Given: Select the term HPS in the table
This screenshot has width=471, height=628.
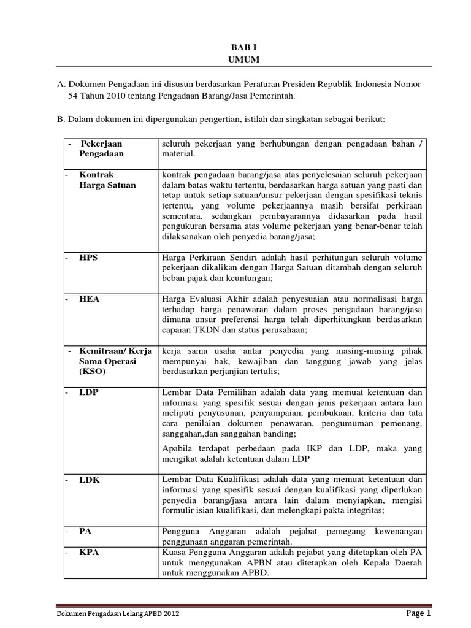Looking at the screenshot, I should (x=88, y=258).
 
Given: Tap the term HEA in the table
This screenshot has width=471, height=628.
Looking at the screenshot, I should (x=89, y=299).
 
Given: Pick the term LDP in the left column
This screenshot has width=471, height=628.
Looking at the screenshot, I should (x=89, y=392).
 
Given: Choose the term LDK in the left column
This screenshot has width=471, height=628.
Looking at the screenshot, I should (x=89, y=480).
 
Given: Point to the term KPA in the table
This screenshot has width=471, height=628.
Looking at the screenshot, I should (x=89, y=552).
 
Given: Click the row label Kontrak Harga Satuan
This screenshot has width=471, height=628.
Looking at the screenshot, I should (x=107, y=180).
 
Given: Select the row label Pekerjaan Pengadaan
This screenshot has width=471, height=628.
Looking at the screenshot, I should (x=101, y=149).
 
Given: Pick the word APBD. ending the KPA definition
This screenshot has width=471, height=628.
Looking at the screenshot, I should (x=254, y=574).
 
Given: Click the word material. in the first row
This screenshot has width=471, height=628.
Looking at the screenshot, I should (x=178, y=155).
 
